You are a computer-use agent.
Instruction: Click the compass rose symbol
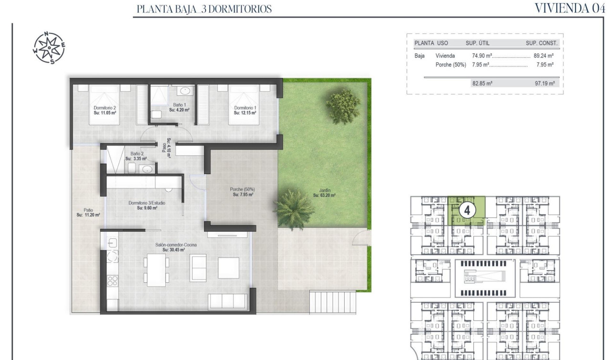click(49, 48)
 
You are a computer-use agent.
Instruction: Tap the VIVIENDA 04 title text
click(570, 8)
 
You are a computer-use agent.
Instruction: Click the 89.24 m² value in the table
click(543, 56)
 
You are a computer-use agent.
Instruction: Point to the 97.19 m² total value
click(545, 83)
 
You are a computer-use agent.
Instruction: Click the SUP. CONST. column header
click(542, 43)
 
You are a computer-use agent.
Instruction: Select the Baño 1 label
click(179, 107)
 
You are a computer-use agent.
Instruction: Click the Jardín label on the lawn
click(324, 192)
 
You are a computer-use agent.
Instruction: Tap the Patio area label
click(88, 212)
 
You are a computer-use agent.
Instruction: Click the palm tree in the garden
click(290, 204)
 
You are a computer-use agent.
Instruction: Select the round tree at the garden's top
click(343, 105)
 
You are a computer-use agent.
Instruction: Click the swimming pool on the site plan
click(484, 276)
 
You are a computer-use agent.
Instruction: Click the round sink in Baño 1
click(184, 91)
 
